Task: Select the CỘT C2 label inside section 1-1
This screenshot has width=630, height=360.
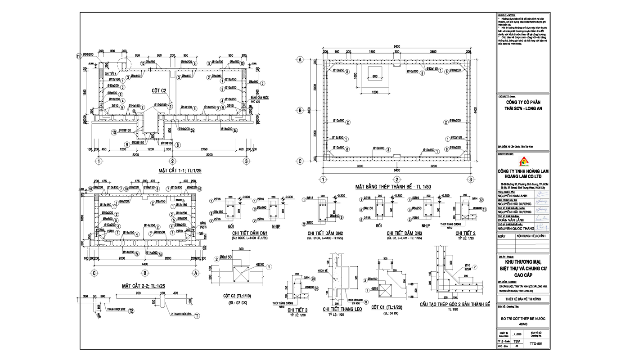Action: point(159,90)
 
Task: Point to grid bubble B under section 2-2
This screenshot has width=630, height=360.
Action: point(145,273)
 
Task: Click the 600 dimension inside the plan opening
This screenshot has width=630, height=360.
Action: point(375,76)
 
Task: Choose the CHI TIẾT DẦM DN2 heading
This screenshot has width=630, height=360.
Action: point(325,233)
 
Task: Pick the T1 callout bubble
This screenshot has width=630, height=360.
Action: point(197,317)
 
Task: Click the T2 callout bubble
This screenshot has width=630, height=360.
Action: point(131,311)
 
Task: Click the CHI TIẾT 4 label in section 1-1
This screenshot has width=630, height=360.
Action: point(111,73)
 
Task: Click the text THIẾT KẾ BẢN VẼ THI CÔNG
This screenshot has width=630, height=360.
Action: point(523,299)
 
